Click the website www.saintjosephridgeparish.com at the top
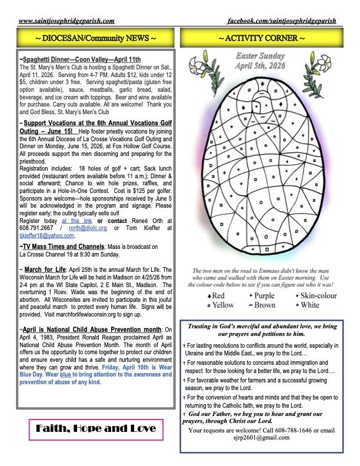(66, 21)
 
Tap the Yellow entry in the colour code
(220, 305)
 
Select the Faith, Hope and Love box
(94, 428)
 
